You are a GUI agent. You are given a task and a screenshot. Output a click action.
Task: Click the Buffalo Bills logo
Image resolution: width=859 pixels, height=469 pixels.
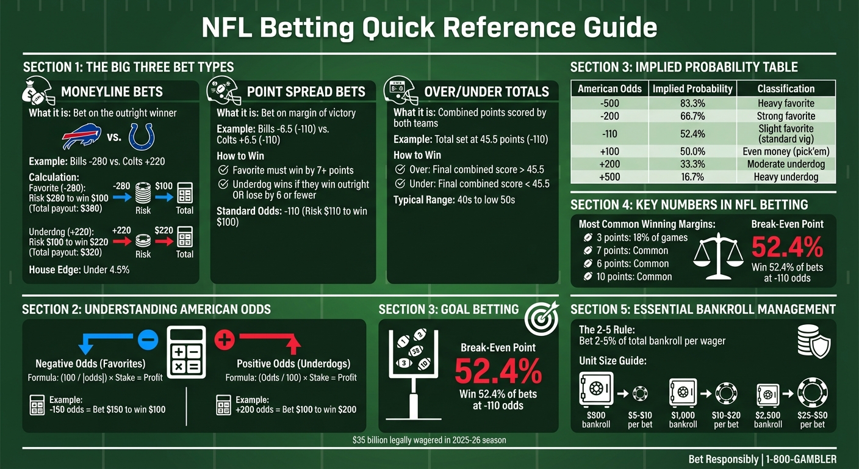coord(81,137)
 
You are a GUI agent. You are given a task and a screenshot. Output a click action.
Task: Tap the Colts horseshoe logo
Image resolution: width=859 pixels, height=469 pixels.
coord(142,137)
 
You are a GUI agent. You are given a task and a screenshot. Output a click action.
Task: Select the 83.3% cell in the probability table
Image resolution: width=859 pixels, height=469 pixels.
coord(692,103)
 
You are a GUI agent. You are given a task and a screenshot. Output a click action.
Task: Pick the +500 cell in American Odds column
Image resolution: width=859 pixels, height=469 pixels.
coord(609,177)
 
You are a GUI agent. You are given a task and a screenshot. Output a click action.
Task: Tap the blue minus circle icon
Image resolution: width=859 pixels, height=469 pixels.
coord(148,339)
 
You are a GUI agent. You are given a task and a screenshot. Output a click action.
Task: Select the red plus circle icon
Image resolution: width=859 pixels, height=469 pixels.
coord(225,339)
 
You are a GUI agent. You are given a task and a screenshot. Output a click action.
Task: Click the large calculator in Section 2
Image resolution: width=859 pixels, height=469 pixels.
coord(187,353)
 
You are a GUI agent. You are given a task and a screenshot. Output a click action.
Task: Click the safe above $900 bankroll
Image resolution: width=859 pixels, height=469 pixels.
coord(595,391)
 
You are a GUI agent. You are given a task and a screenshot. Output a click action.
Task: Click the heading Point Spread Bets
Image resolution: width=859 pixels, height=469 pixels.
coord(306,92)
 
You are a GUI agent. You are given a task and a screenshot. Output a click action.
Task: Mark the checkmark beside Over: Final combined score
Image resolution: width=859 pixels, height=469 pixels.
coord(400,170)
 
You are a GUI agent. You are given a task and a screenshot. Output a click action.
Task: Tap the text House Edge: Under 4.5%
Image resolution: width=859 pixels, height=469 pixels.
coord(79,269)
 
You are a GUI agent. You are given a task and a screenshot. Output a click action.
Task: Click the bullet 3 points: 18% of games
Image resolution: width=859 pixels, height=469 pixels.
coord(635,238)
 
